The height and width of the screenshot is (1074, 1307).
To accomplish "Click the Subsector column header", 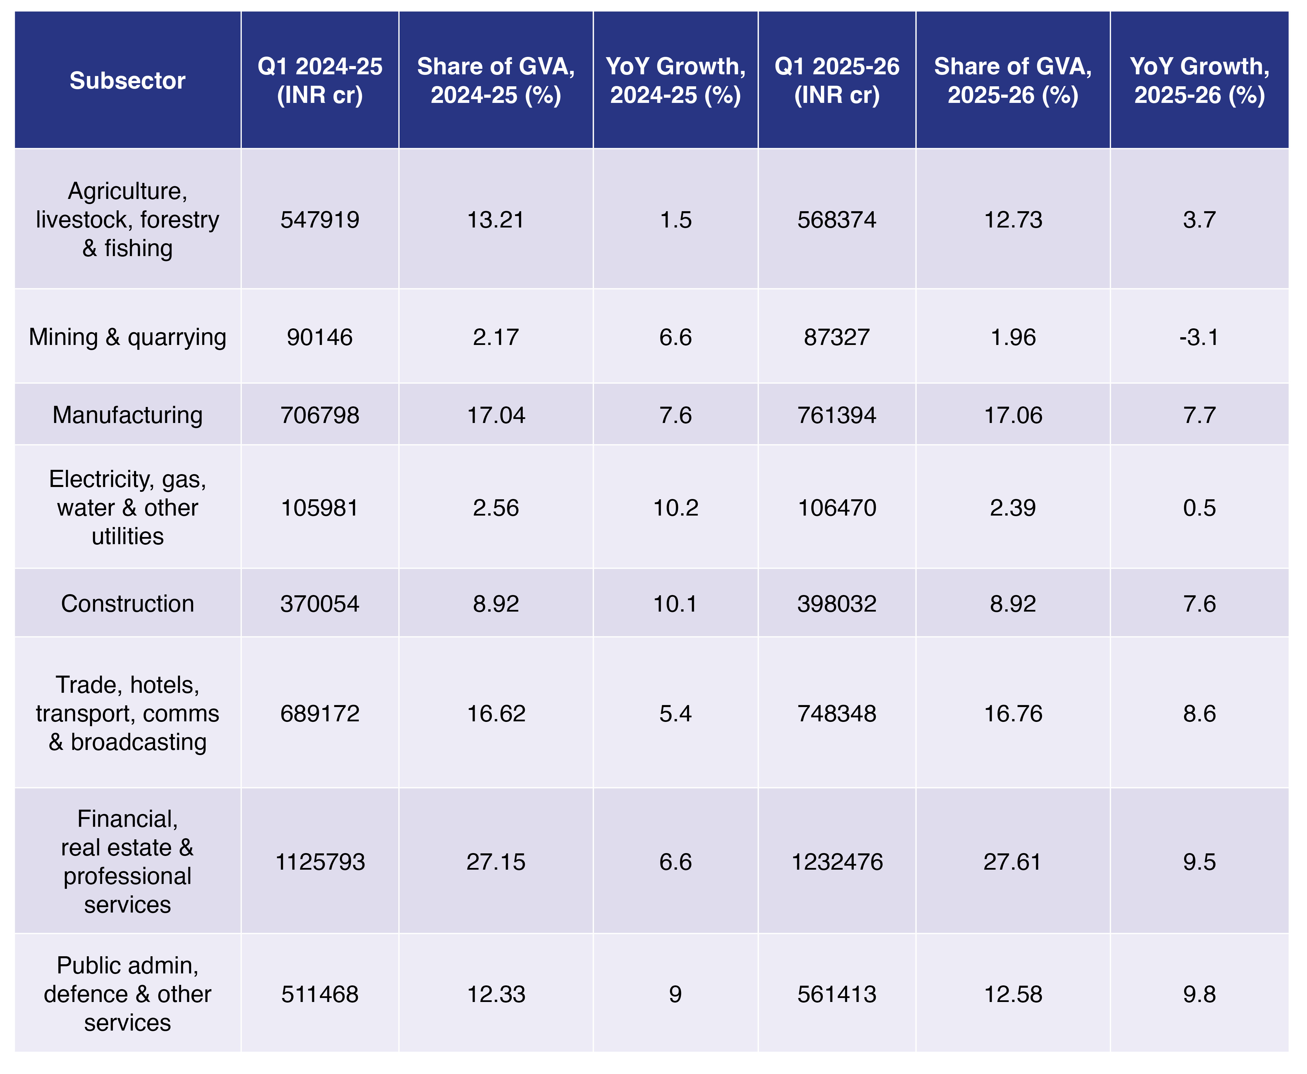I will coord(127,80).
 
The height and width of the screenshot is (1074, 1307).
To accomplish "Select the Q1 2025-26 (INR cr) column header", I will coord(836,80).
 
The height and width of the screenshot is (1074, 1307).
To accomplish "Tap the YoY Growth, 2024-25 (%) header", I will coord(675,80).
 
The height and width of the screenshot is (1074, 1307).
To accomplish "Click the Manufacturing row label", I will coord(127,414).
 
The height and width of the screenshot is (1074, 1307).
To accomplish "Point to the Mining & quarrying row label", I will coord(127,337).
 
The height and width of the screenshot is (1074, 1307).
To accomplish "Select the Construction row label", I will coord(127,603).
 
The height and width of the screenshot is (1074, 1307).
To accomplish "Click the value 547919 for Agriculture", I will coord(320,219).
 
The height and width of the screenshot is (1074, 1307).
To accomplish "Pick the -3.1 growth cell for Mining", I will coord(1199,337).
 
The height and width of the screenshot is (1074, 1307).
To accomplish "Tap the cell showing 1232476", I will coord(836,862).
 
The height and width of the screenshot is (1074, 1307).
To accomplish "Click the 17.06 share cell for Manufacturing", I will coord(1013,414).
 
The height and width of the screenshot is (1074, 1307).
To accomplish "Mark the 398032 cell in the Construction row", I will coord(836,603).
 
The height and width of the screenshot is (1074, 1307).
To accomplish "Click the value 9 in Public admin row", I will coord(675,994).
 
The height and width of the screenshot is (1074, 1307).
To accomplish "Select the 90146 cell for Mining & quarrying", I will coord(320,337).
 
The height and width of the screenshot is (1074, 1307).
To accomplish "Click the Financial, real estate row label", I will coord(127,862).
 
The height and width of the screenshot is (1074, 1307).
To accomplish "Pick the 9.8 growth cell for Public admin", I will coord(1199,994).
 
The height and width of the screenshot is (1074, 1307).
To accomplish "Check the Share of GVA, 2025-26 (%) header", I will coord(1013,80).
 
